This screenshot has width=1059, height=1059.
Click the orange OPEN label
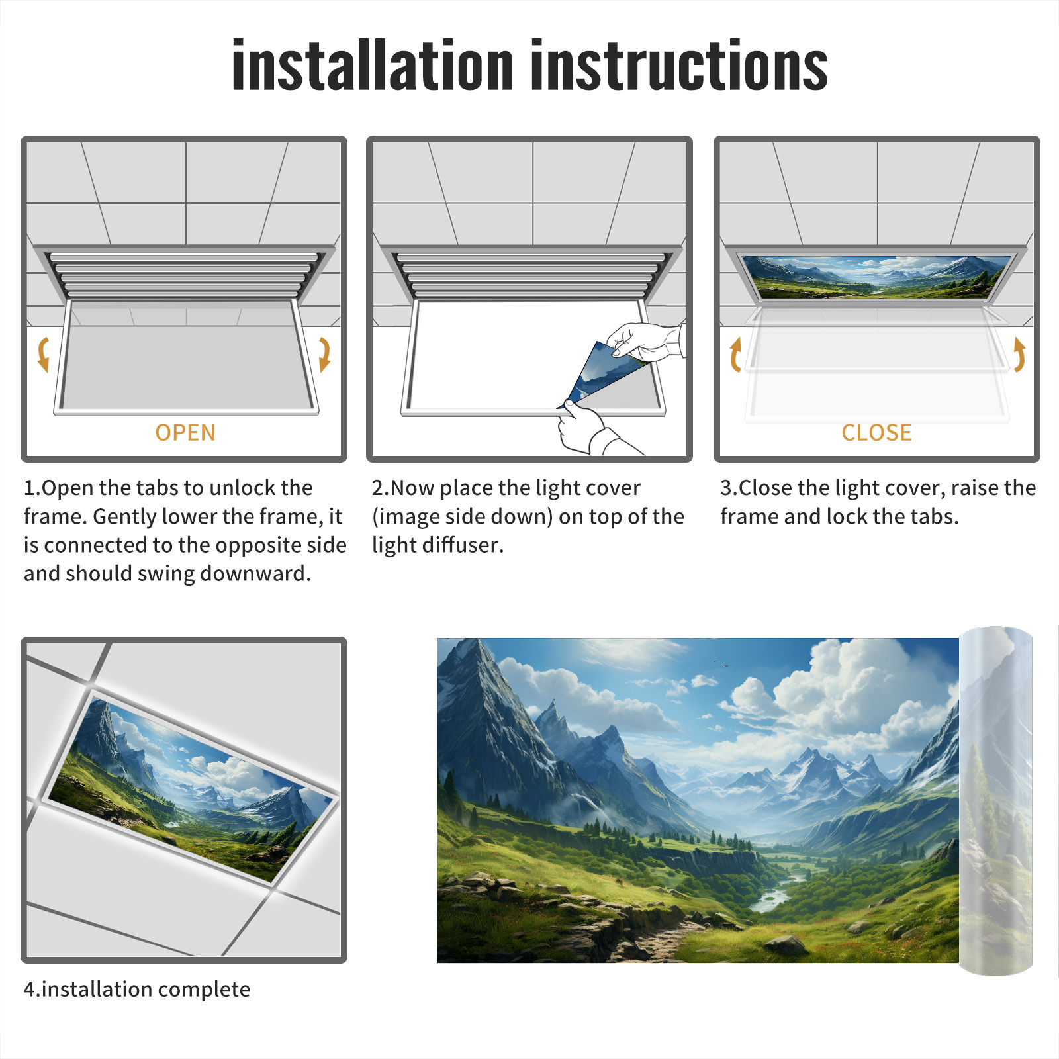[x=185, y=433]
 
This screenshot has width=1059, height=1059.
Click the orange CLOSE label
[x=876, y=433]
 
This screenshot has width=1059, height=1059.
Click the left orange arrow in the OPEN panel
[x=43, y=354]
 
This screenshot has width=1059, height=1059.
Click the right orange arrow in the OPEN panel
[x=324, y=354]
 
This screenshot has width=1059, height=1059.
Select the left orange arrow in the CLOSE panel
[x=735, y=354]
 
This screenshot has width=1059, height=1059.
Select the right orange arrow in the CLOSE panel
[x=1019, y=354]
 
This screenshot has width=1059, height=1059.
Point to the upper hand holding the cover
[x=645, y=341]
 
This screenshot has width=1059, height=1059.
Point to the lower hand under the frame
[x=592, y=430]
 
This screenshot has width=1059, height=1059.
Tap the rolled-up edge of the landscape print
[x=995, y=801]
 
